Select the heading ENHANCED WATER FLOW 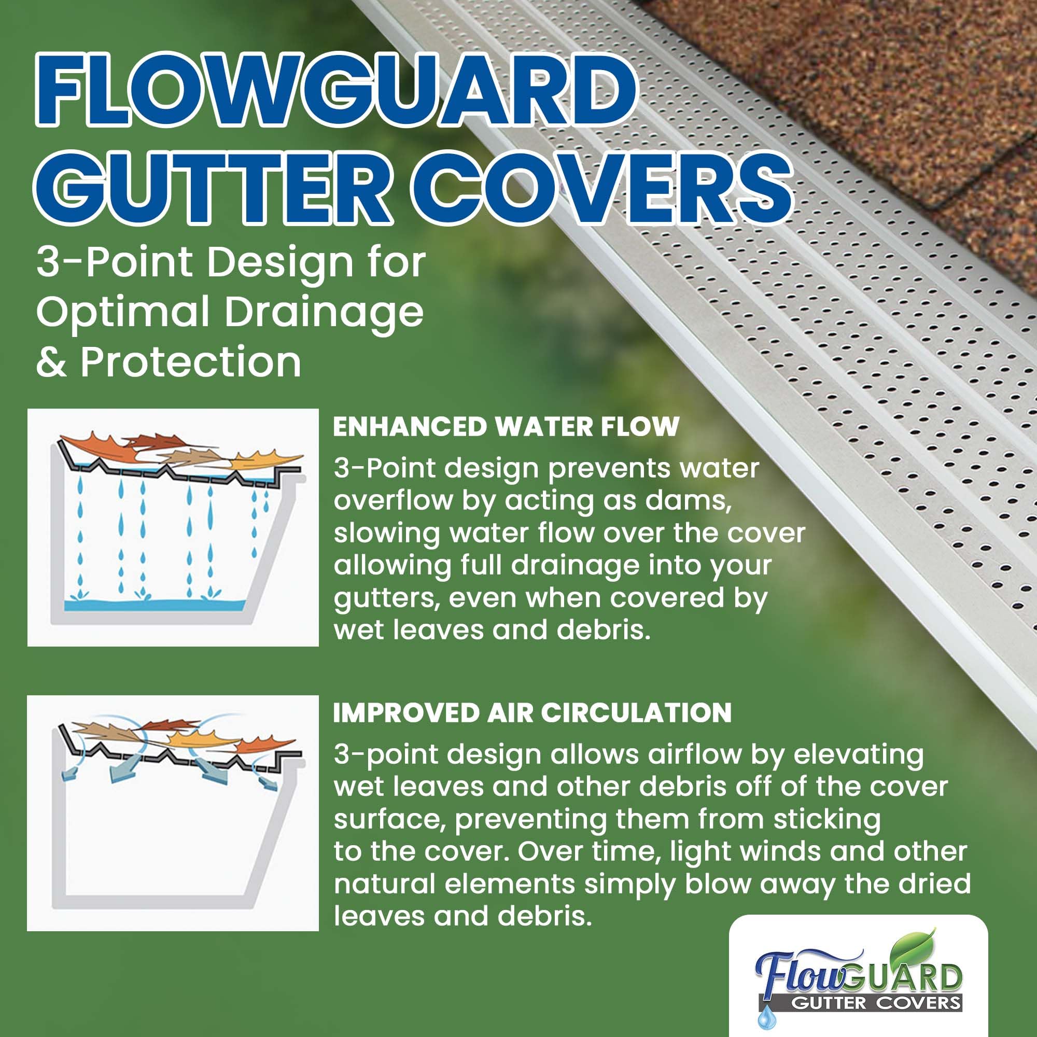coord(506,427)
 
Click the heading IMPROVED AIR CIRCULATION coord(532,713)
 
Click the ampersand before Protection coord(51,362)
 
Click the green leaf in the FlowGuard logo coord(912,949)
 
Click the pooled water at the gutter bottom coord(156,605)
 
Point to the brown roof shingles coord(913,80)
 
